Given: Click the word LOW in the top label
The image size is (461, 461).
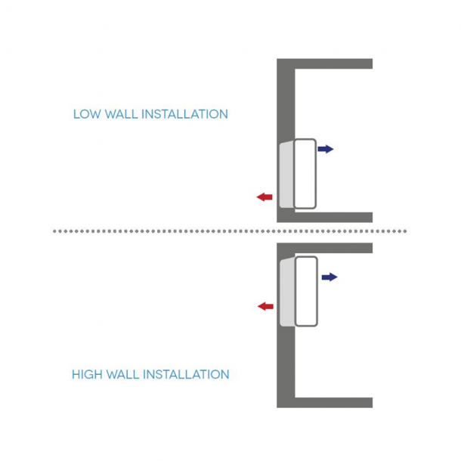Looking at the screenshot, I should click(85, 115).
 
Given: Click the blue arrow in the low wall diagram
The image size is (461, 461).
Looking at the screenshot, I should click(326, 149).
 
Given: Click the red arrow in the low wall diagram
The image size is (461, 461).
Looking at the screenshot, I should click(264, 197).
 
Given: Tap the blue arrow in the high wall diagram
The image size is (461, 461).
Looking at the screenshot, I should click(330, 277).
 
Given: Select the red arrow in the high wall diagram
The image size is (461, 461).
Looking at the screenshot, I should click(265, 306).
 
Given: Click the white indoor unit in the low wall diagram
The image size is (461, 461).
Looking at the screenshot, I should click(305, 174).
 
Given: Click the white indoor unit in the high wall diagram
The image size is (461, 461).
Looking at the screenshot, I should click(305, 292).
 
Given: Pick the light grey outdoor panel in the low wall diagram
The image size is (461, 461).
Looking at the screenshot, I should click(286, 175).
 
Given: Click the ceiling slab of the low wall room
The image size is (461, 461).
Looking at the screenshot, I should click(333, 63).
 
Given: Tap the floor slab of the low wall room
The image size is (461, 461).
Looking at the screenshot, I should click(333, 217).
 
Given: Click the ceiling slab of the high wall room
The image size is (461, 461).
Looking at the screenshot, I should click(333, 247).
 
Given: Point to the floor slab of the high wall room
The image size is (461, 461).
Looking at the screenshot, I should click(333, 402).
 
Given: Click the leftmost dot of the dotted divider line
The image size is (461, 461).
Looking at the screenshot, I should click(55, 230).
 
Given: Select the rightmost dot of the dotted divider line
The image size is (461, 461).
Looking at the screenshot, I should click(405, 230).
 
